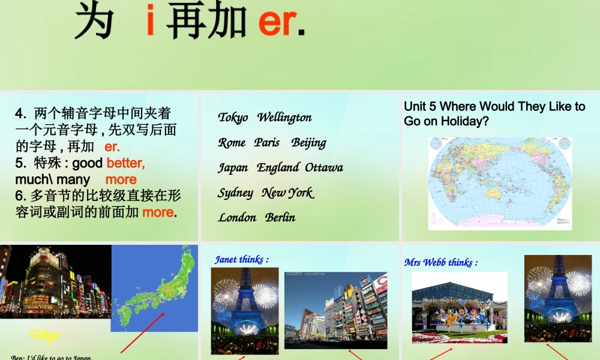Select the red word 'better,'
(x=125, y=163)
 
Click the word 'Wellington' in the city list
(x=284, y=117)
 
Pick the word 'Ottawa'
(x=324, y=167)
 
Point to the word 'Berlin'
(x=280, y=217)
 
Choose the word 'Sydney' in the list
(x=235, y=193)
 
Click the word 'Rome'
(x=232, y=142)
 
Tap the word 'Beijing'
(x=308, y=143)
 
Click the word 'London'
(x=237, y=217)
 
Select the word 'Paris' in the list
(x=266, y=142)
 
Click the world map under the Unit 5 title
(x=499, y=183)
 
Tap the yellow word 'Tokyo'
(x=45, y=334)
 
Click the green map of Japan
(x=154, y=288)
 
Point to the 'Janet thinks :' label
(x=241, y=259)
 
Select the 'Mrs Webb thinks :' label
(x=440, y=262)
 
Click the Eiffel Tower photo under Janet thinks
(x=245, y=310)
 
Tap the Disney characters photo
(x=459, y=308)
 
